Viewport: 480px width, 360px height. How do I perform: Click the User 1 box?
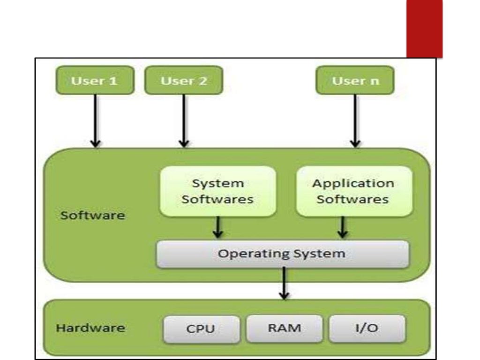95,80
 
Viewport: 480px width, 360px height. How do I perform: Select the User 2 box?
184,80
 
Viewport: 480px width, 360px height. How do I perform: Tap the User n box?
355,80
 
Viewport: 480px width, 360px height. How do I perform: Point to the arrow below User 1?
95,120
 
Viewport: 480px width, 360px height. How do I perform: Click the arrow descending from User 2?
184,120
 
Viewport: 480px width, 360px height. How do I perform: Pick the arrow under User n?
355,120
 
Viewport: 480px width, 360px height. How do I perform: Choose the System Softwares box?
218,191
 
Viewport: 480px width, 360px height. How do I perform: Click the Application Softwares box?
354,191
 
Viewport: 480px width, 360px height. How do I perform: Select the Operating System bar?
282,254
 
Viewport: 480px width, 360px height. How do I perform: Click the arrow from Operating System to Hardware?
284,284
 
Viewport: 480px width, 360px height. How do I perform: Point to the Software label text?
93,216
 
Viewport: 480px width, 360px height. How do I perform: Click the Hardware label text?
90,327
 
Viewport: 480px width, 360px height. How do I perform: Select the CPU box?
201,329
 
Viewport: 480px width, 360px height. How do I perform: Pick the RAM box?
284,328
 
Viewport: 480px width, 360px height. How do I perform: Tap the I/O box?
367,328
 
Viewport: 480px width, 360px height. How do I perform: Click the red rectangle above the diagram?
424,28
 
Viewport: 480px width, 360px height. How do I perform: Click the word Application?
353,183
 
